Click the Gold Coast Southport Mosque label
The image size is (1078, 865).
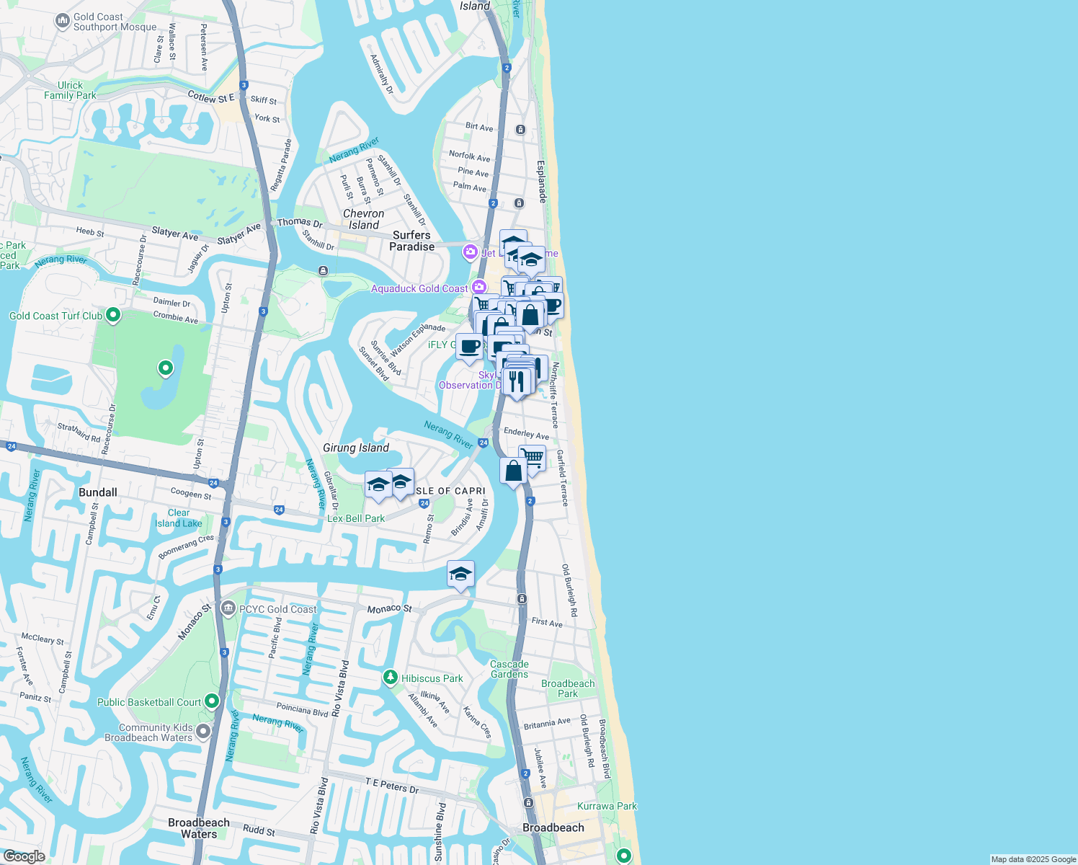tap(115, 22)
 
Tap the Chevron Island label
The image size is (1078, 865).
tap(363, 219)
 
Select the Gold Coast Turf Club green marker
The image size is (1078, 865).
tap(113, 315)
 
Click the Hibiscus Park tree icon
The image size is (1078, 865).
tap(391, 678)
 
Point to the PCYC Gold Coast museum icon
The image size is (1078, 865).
tap(228, 608)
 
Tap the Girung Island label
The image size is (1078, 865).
tap(356, 448)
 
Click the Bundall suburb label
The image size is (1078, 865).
tap(98, 492)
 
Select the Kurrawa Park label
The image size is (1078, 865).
tap(607, 806)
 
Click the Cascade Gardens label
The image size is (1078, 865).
tap(509, 669)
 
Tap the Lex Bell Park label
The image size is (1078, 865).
tap(356, 518)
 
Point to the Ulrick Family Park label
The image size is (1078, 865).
tap(70, 90)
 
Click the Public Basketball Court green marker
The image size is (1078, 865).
tap(212, 701)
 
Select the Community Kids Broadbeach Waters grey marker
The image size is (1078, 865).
tap(203, 732)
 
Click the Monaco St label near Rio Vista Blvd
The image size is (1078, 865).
tap(389, 609)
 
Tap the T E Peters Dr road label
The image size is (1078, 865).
tap(392, 786)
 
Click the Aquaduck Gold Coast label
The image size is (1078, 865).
tap(419, 288)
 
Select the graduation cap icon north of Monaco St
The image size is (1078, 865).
tap(460, 575)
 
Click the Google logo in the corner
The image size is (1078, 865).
tap(24, 856)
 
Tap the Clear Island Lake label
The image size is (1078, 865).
tap(179, 518)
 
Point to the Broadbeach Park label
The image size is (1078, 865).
tap(568, 688)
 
